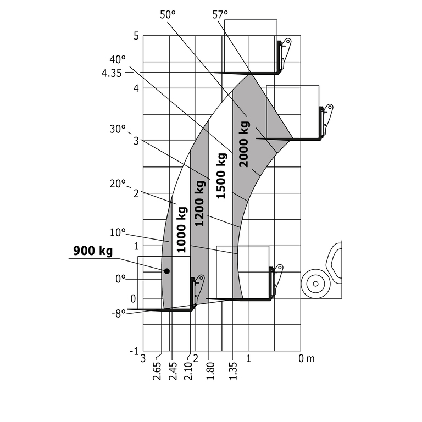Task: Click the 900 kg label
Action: [93, 251]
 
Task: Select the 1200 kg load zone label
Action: [200, 203]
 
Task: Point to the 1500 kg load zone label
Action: [221, 175]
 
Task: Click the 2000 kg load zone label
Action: [244, 143]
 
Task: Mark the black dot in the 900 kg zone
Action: [166, 271]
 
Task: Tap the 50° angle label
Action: [167, 15]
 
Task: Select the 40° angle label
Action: [118, 59]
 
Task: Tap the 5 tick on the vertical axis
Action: [135, 36]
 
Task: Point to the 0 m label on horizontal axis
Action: [307, 359]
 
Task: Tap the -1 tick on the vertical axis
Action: [133, 351]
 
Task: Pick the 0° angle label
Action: [120, 279]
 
